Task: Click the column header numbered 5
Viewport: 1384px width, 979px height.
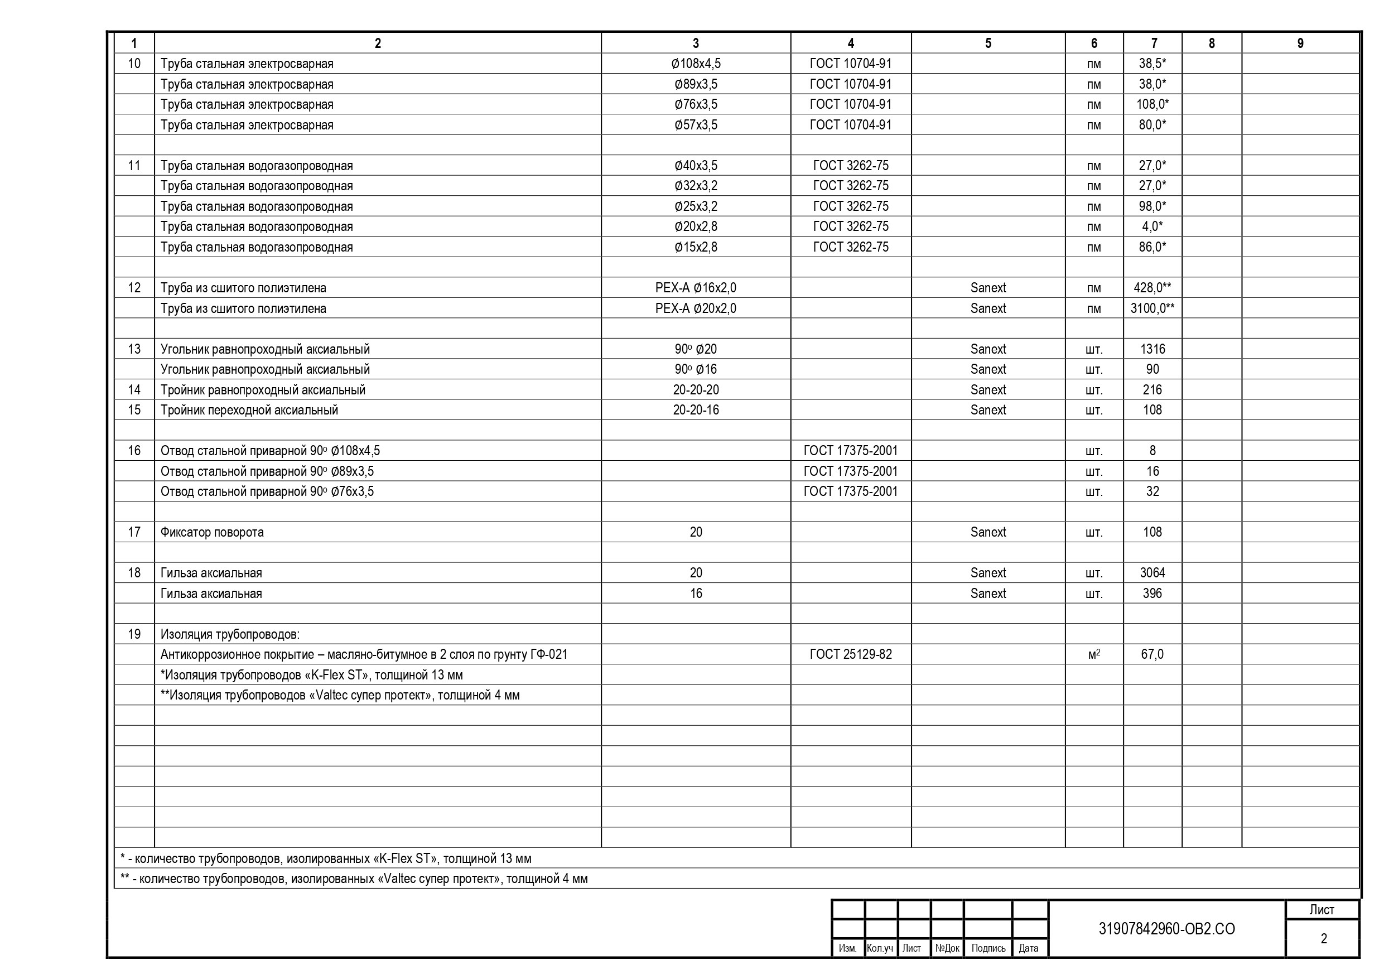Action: tap(987, 44)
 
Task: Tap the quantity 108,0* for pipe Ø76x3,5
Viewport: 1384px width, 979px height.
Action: tap(1152, 104)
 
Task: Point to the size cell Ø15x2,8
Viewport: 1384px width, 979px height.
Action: tap(696, 247)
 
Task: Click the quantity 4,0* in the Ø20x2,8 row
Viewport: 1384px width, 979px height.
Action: tap(1152, 226)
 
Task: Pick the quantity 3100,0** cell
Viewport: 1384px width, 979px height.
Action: tap(1152, 308)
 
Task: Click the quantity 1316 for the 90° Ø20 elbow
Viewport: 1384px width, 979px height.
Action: tap(1152, 349)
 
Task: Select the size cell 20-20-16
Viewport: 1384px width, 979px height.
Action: tap(696, 410)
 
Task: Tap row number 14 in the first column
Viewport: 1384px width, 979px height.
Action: tap(134, 390)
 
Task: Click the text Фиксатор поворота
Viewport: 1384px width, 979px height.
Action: tap(212, 532)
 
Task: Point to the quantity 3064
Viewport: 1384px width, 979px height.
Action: tap(1152, 573)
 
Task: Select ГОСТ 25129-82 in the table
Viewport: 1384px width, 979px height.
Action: tap(851, 654)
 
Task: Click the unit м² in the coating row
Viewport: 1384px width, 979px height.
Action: tap(1093, 654)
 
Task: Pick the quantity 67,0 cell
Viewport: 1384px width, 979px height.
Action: tap(1152, 654)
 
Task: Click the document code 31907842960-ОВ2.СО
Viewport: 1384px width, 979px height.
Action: tap(1166, 929)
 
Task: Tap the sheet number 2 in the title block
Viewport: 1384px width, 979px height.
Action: tap(1323, 939)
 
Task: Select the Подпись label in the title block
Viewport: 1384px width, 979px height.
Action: tap(988, 948)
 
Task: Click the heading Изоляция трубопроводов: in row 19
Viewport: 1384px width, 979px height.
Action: tap(230, 634)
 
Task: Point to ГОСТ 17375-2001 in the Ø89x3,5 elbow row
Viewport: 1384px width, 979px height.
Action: tap(851, 471)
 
